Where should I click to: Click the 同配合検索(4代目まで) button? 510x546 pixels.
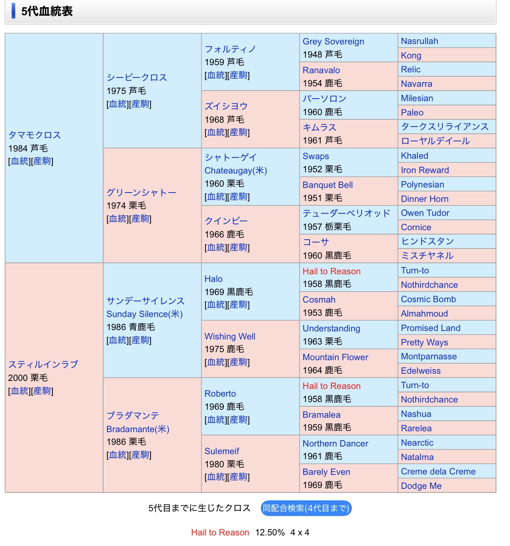[x=306, y=508]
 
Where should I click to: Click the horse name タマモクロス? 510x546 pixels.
[x=35, y=135]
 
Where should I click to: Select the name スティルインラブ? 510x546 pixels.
[x=43, y=364]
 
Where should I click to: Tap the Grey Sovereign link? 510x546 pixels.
[x=333, y=41]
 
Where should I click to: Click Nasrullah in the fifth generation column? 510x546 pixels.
[x=419, y=41]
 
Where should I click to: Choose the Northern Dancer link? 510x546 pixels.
[x=335, y=443]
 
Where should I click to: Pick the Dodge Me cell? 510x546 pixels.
[x=421, y=486]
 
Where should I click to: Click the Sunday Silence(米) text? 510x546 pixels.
[x=144, y=314]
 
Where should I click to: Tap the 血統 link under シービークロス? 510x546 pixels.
[x=118, y=104]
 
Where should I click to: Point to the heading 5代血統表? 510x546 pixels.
[x=47, y=11]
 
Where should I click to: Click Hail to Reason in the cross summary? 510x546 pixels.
[x=220, y=532]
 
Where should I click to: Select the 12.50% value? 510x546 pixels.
[x=270, y=532]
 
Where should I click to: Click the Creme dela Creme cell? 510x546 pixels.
[x=438, y=472]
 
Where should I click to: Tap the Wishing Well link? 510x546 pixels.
[x=230, y=336]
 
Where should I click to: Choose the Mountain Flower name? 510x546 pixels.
[x=335, y=357]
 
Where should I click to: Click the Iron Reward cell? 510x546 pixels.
[x=425, y=170]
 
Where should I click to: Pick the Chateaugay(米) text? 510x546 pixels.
[x=236, y=171]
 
